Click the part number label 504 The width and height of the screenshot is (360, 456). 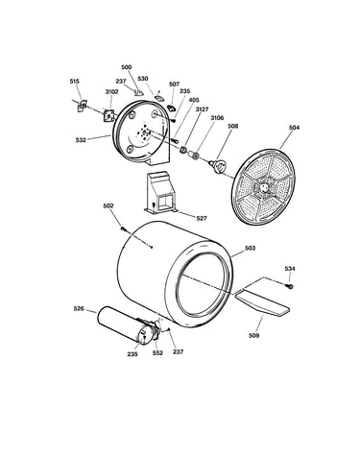pyautogui.click(x=294, y=128)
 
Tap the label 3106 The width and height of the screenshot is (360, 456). pyautogui.click(x=217, y=118)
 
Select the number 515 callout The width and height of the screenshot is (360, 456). pyautogui.click(x=74, y=82)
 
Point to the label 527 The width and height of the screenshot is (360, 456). pyautogui.click(x=202, y=218)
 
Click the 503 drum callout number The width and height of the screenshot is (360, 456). pyautogui.click(x=250, y=248)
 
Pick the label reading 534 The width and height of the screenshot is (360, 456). pyautogui.click(x=290, y=269)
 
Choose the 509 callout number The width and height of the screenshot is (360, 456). pyautogui.click(x=253, y=335)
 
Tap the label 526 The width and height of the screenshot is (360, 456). pyautogui.click(x=79, y=309)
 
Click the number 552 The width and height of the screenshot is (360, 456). pyautogui.click(x=157, y=353)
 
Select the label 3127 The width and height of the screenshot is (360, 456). pyautogui.click(x=203, y=109)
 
